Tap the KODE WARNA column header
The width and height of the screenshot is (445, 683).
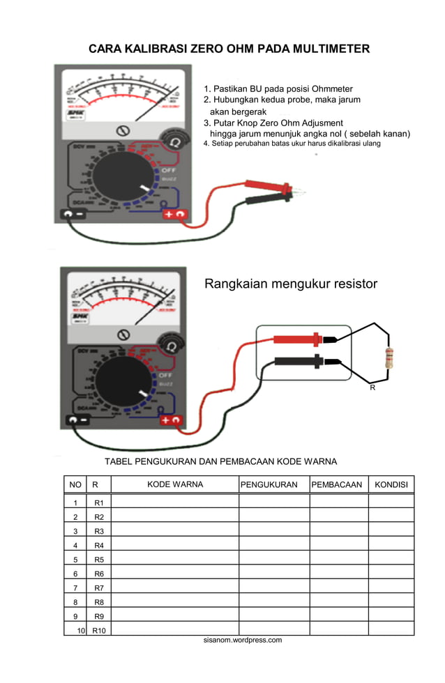[x=174, y=484]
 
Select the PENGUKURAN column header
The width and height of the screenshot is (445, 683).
[x=269, y=484]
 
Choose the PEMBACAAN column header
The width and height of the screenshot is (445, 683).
[x=337, y=484]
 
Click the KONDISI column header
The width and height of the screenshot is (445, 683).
[x=391, y=484]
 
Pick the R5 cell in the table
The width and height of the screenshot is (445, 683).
[x=98, y=560]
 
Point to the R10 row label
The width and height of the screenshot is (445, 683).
[x=98, y=631]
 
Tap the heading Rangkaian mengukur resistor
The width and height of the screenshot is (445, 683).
[x=290, y=284]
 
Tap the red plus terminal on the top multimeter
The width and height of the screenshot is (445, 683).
[x=174, y=214]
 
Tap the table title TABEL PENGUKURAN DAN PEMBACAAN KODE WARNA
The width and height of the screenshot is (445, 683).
[x=220, y=461]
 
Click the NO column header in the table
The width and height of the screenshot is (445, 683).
[x=75, y=484]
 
